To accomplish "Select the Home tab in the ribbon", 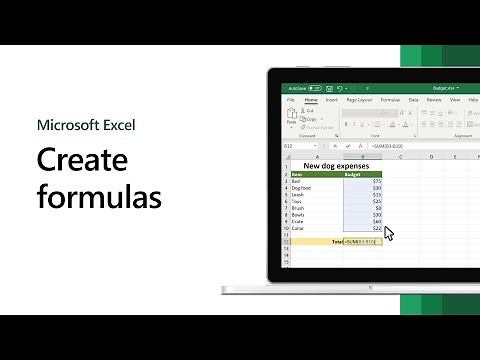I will coord(311,100).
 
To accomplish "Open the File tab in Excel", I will coord(291,100).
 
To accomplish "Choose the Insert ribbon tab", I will coord(331,100).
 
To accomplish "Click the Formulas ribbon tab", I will coord(390,100).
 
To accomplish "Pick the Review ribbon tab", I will coord(434,100).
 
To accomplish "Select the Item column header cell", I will coord(297,174).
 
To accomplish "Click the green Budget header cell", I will coord(352,174).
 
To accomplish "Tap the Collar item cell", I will coord(299,229).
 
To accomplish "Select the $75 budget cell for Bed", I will coord(376,181).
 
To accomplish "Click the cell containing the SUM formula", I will coord(362,241).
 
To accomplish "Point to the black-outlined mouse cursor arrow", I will coord(388,233).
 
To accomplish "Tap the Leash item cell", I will coord(299,196).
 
